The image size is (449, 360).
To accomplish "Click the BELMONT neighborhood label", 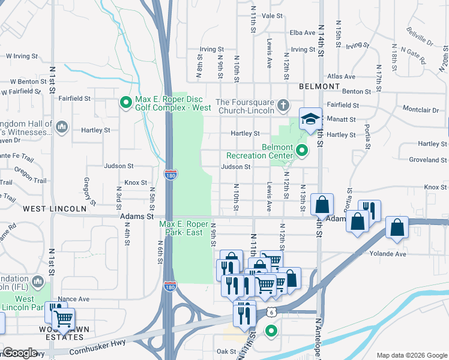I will point(318,86).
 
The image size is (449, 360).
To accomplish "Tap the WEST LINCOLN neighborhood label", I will point(55,209).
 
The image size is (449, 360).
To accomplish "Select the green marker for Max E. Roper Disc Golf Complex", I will point(126,103).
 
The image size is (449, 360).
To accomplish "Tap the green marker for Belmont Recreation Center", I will point(302,151).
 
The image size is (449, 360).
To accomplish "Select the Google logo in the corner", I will point(20,353).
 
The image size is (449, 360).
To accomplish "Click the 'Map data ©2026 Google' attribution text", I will point(411,355).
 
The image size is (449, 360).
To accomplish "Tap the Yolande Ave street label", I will point(389,254).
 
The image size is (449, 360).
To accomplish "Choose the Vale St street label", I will point(272,16).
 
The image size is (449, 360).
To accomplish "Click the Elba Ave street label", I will point(302,32).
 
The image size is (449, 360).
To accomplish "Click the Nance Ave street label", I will point(74,299).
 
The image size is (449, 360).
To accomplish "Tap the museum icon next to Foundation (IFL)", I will point(38,281).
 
